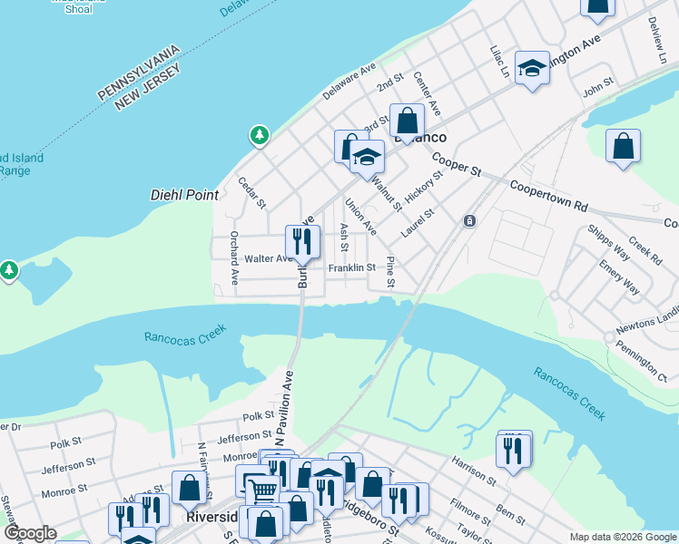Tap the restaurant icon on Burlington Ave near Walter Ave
[x=302, y=241]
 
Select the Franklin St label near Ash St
[x=352, y=268]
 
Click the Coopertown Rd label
[x=549, y=194]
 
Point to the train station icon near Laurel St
[x=469, y=220]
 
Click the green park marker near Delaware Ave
[x=260, y=135]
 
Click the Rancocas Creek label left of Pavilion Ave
[x=182, y=336]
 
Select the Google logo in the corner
[x=31, y=533]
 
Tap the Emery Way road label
[x=619, y=278]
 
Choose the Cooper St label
[x=456, y=164]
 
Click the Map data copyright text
[x=623, y=537]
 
